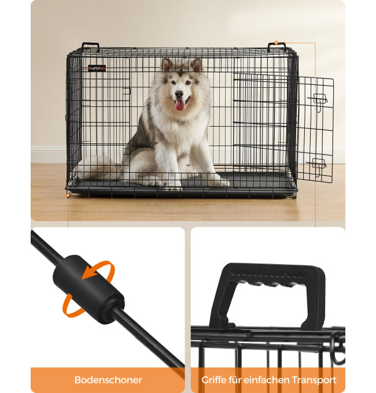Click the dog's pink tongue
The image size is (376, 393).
pyautogui.click(x=179, y=105)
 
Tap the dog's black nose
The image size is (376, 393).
pyautogui.click(x=179, y=94)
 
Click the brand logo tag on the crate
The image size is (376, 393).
pyautogui.click(x=97, y=68)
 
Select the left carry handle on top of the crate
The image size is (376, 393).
pyautogui.click(x=91, y=47)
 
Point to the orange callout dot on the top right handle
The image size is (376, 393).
pyautogui.click(x=276, y=43)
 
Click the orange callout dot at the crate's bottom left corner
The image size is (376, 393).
pyautogui.click(x=68, y=195)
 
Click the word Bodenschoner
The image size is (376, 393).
pyautogui.click(x=108, y=380)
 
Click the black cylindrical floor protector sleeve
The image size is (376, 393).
pyautogui.click(x=89, y=290)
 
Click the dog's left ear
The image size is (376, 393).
pyautogui.click(x=197, y=65)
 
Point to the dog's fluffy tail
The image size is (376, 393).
pyautogui.click(x=99, y=167)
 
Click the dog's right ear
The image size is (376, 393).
pyautogui.click(x=167, y=64)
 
